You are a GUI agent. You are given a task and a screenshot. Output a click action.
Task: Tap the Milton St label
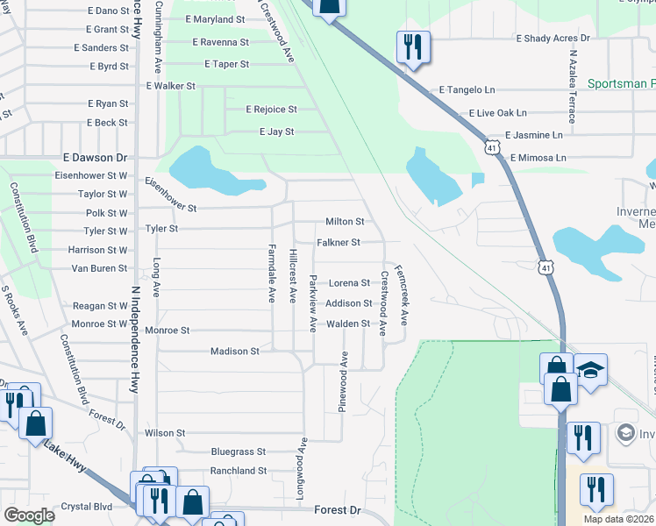(345, 222)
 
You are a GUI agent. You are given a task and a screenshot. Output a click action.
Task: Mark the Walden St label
(349, 323)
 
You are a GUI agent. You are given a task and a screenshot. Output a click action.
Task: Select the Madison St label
(235, 351)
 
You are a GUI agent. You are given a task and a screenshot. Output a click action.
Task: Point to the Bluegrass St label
(238, 451)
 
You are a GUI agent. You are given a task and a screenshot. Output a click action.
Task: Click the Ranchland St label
(238, 471)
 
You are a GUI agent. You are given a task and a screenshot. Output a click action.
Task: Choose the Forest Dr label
(338, 509)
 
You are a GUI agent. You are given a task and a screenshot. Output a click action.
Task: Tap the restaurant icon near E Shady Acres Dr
(413, 47)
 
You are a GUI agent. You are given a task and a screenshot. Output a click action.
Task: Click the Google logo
(29, 515)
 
